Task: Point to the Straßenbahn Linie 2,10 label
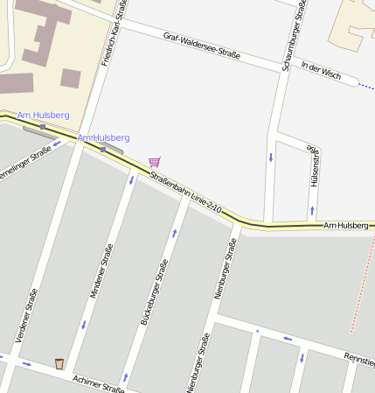186,194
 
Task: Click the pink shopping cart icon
155,162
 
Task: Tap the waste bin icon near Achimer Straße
59,363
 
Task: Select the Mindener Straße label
102,272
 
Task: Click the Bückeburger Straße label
154,293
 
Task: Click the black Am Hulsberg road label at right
346,226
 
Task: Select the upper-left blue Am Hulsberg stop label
44,116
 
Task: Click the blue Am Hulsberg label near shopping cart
103,138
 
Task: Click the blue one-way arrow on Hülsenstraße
312,211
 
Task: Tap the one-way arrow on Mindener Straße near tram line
132,180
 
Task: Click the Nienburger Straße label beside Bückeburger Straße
225,270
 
